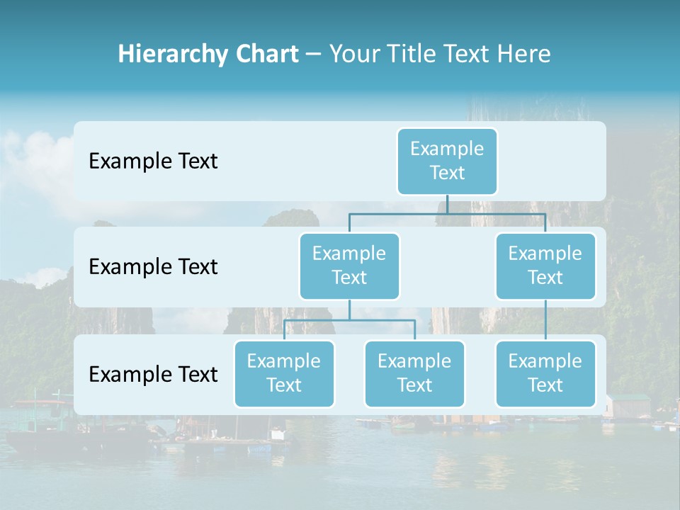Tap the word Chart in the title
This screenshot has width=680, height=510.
263,55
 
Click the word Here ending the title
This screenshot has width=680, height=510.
523,55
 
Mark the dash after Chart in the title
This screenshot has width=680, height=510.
314,55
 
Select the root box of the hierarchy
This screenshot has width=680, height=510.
447,161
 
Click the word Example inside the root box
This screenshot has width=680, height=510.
447,149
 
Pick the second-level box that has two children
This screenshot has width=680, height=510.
349,266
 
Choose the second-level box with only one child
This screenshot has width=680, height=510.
545,266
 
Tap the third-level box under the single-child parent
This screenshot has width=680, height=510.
545,374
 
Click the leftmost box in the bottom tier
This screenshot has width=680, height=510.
284,374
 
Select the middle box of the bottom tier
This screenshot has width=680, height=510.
414,374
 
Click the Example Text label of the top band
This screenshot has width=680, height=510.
153,161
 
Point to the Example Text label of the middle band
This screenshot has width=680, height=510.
153,267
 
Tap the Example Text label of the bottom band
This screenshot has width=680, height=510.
153,375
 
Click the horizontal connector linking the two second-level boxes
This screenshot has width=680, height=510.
397,213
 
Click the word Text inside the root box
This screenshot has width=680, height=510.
447,173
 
